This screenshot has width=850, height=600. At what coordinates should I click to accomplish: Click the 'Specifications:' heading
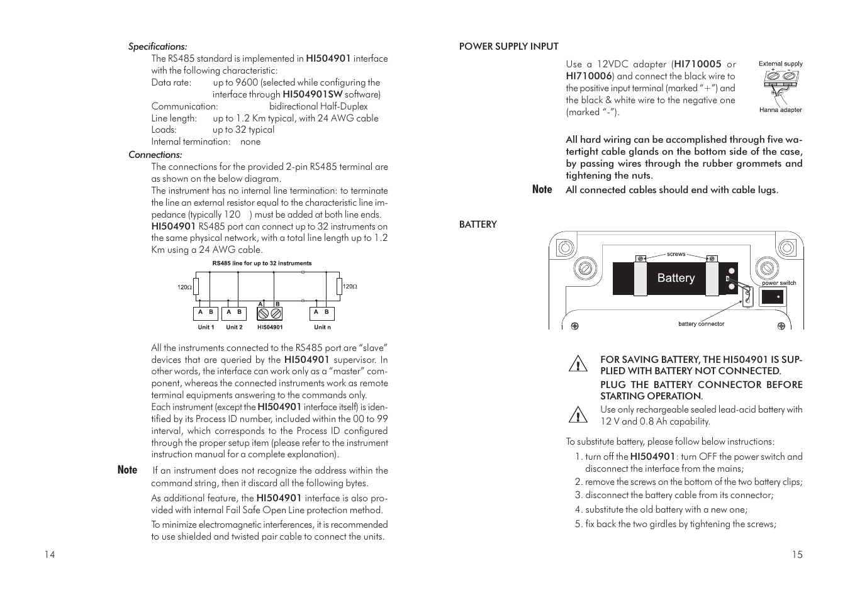157,47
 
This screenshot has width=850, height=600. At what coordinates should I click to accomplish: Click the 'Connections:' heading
155,155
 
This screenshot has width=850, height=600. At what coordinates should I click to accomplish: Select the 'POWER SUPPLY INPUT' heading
508,47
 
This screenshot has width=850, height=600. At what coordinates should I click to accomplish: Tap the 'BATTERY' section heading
478,225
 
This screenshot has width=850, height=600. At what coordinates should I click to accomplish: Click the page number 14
50,555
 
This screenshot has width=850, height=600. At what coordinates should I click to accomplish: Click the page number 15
797,555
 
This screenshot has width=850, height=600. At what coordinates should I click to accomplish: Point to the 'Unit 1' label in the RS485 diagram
206,327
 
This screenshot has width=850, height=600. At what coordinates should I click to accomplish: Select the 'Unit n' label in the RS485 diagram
322,327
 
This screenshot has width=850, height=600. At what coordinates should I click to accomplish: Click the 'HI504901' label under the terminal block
270,327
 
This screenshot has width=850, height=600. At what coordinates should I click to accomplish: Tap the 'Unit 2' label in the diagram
234,327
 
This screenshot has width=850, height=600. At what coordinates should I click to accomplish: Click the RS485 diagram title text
262,264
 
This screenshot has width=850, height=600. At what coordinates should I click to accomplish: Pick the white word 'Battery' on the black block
676,278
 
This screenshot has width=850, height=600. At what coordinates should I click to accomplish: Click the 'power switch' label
779,283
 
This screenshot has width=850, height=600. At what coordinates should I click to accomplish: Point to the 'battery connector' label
701,324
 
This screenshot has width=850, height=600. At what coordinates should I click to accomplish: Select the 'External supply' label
780,64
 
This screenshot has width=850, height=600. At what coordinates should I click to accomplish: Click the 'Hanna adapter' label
780,110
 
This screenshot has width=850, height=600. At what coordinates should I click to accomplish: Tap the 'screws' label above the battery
676,254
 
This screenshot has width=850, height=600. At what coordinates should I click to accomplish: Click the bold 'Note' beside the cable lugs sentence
542,189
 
